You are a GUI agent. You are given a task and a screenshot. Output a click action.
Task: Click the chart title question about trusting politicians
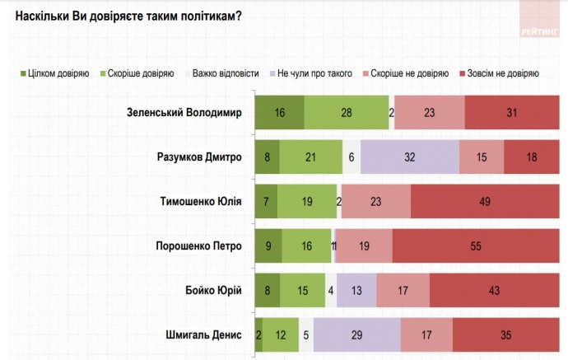point(128,15)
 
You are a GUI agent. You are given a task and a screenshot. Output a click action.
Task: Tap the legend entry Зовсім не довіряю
point(498,73)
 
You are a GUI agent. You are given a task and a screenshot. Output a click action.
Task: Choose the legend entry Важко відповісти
point(225,73)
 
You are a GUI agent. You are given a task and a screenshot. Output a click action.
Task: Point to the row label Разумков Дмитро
point(200,157)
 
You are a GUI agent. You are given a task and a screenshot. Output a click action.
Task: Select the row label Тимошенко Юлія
point(201,201)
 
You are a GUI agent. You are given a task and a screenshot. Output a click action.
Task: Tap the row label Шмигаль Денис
point(203,334)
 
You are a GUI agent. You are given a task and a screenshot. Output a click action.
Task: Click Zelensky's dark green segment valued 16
point(279,113)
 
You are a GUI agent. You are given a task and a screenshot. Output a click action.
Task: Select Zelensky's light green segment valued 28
point(346,113)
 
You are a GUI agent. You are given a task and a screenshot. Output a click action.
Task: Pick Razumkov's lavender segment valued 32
point(409,157)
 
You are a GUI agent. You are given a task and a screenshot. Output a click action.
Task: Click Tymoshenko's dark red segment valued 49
point(485,201)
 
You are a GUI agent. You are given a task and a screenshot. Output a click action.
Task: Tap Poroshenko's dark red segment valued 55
point(476,245)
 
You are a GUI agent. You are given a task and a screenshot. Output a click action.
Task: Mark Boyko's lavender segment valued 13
point(356,290)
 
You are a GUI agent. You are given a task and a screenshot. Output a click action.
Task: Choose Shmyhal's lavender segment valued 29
point(356,334)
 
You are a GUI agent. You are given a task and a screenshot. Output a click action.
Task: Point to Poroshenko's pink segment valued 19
point(364,245)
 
